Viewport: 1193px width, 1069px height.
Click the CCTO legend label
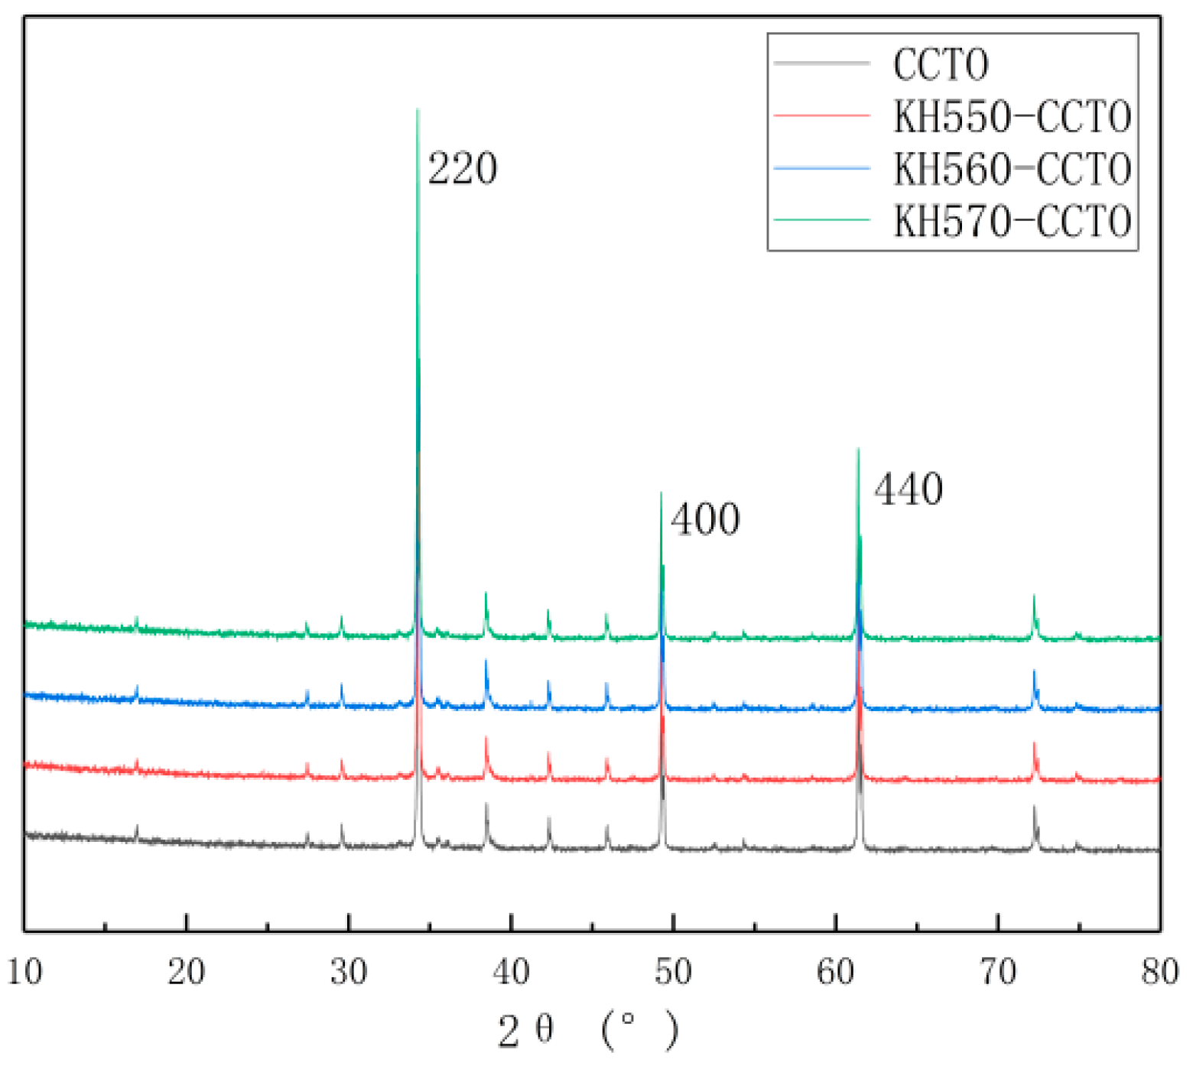tap(941, 64)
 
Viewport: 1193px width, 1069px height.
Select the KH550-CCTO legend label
tap(1012, 117)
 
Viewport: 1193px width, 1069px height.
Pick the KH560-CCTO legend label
tap(1012, 169)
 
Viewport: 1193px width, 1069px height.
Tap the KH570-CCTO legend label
tap(1012, 222)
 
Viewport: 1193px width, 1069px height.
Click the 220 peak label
tap(462, 168)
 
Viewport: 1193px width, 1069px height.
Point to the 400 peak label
tap(704, 520)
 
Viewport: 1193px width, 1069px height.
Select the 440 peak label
tap(908, 489)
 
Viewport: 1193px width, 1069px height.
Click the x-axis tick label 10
tap(24, 972)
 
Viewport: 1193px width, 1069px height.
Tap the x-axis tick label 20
tap(187, 972)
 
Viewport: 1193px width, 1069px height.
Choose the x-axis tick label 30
tap(349, 972)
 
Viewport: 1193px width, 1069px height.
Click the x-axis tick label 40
tap(511, 972)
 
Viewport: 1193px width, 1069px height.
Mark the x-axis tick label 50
tap(673, 972)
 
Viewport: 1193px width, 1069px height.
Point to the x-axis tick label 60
tap(835, 972)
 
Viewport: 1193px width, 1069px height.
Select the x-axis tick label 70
tap(998, 972)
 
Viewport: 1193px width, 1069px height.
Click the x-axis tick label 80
tap(1159, 972)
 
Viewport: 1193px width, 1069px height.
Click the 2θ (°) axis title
tap(587, 1031)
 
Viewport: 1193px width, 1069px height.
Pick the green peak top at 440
tap(858, 449)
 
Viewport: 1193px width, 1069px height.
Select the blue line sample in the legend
tap(821, 167)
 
